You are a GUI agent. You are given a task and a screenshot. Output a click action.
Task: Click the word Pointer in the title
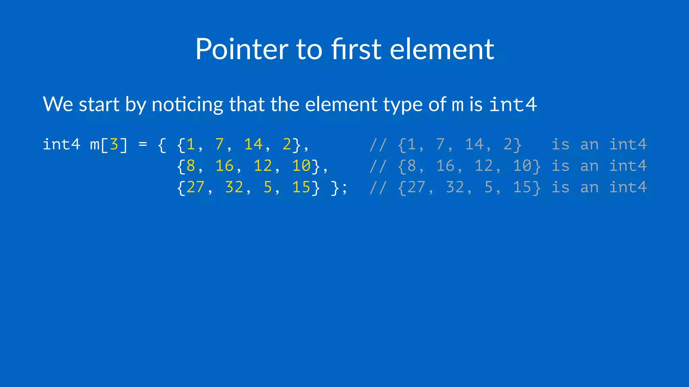pos(242,49)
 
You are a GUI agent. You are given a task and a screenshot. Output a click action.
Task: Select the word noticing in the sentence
pos(187,104)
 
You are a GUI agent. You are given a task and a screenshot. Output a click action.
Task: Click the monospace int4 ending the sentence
pos(513,104)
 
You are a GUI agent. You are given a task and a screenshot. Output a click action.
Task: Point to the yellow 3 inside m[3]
pos(114,144)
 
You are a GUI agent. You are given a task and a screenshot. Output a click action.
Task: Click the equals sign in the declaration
pos(143,144)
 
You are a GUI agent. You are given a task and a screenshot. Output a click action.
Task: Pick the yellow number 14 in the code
pos(253,144)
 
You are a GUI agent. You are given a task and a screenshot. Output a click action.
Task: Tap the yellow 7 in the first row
pos(219,144)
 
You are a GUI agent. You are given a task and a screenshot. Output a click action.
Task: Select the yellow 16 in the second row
pos(224,166)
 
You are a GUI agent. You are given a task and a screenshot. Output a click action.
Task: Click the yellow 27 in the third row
pos(195,187)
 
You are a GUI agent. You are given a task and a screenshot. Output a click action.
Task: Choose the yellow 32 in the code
pos(234,187)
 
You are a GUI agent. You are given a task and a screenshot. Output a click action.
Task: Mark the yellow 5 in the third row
pos(267,187)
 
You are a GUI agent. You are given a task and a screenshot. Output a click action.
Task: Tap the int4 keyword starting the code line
pos(61,144)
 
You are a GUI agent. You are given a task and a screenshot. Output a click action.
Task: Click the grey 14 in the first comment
pos(474,144)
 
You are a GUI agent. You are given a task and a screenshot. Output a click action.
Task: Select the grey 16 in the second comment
pos(445,166)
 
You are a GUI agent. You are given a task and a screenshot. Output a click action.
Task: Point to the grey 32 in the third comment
pos(455,187)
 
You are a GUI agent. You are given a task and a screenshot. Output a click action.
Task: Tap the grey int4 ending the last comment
pos(628,187)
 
